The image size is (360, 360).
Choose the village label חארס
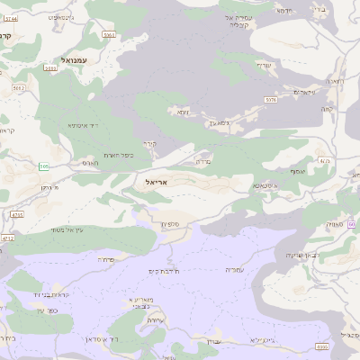click(89, 163)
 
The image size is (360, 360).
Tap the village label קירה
click(149, 143)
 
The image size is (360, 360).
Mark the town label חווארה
click(334, 81)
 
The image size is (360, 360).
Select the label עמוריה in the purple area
click(234, 269)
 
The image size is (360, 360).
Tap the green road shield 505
click(44, 166)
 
